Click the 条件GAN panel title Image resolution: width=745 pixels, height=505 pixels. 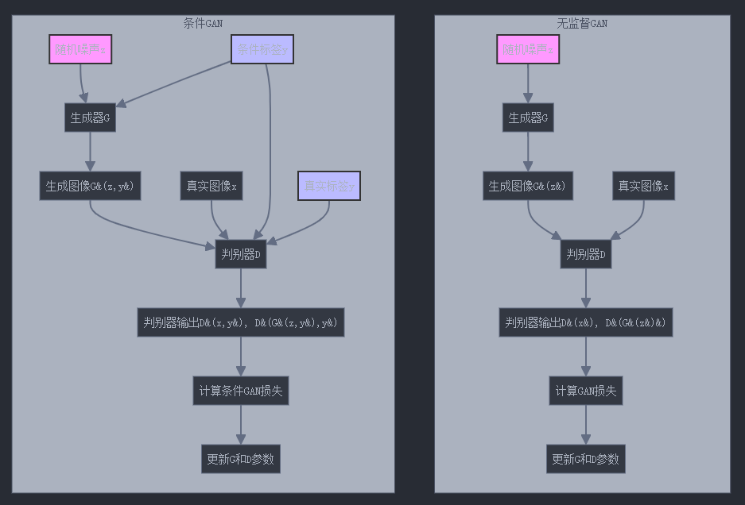(203, 24)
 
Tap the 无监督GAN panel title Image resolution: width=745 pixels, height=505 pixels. (582, 24)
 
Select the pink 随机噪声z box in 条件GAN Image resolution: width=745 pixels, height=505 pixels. (80, 50)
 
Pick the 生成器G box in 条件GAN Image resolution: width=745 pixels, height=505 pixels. (90, 118)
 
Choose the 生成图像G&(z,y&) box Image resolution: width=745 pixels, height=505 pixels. (90, 187)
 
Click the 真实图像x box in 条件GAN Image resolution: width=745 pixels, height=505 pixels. (211, 187)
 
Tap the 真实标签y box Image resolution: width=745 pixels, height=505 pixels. (329, 187)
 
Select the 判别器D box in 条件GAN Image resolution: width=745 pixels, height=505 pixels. (240, 255)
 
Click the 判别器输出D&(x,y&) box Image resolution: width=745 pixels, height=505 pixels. (240, 322)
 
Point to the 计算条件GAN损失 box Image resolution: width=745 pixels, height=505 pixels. (240, 391)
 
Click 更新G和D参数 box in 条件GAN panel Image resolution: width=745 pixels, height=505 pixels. (240, 459)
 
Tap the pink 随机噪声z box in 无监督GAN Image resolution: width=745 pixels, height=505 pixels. (528, 50)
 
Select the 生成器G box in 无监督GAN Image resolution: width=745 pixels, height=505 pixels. (528, 118)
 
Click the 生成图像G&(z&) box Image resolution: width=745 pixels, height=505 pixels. (528, 187)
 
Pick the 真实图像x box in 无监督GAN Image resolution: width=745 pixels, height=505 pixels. (644, 187)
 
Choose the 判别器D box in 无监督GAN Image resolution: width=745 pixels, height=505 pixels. (586, 255)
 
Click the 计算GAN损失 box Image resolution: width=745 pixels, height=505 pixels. (586, 391)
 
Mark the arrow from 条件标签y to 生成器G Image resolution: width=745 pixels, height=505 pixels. (175, 83)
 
